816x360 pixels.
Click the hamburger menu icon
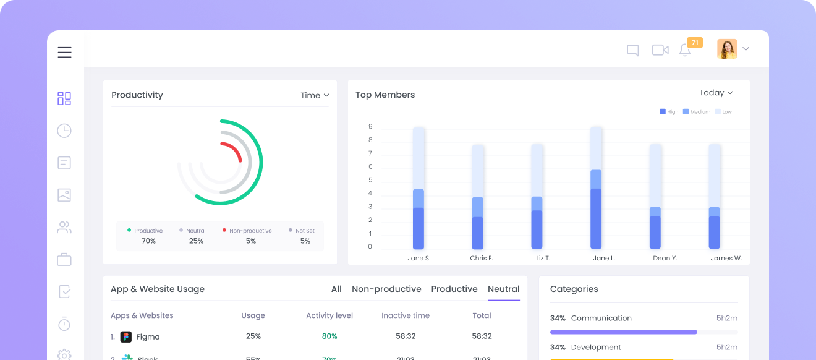[65, 53]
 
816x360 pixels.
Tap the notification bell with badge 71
[685, 50]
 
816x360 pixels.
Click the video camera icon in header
[660, 50]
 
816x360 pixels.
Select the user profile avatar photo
[727, 49]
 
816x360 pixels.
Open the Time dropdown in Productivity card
[315, 95]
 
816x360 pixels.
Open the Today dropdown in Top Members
[716, 93]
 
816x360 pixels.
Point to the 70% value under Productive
[148, 241]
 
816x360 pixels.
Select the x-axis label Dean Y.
[665, 259]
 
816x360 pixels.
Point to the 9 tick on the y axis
[370, 127]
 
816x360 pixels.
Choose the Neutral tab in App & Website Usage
[503, 289]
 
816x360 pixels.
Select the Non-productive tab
[386, 289]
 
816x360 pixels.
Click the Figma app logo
[126, 337]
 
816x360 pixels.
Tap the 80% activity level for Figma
[329, 336]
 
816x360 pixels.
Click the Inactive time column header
[406, 315]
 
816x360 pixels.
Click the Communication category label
[601, 319]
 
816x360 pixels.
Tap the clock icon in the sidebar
[64, 131]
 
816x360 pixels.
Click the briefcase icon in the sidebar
[64, 260]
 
